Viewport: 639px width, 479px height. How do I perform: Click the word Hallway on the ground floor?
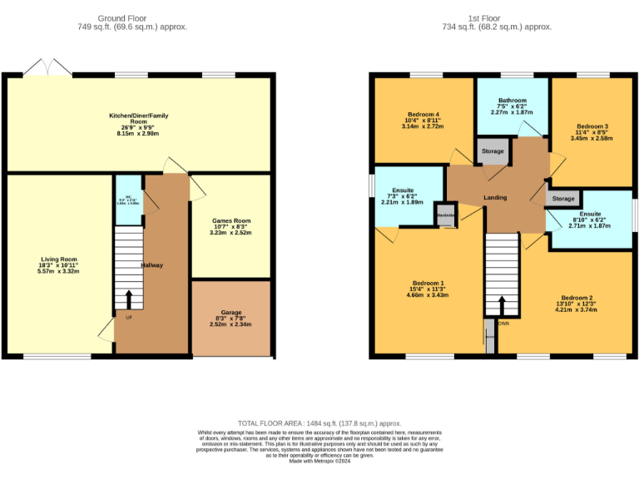point(152,265)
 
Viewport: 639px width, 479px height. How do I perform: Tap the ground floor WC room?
point(128,200)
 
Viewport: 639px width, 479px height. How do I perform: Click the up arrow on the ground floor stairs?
point(128,299)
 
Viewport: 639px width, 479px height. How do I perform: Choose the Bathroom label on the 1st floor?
point(512,101)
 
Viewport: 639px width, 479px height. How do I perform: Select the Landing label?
point(496,197)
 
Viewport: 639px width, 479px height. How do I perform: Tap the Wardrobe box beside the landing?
point(446,215)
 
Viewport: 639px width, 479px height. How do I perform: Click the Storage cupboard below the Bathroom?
point(493,151)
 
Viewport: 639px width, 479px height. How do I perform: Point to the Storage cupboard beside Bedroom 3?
point(563,199)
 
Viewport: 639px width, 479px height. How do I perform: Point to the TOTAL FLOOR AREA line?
point(319,423)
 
